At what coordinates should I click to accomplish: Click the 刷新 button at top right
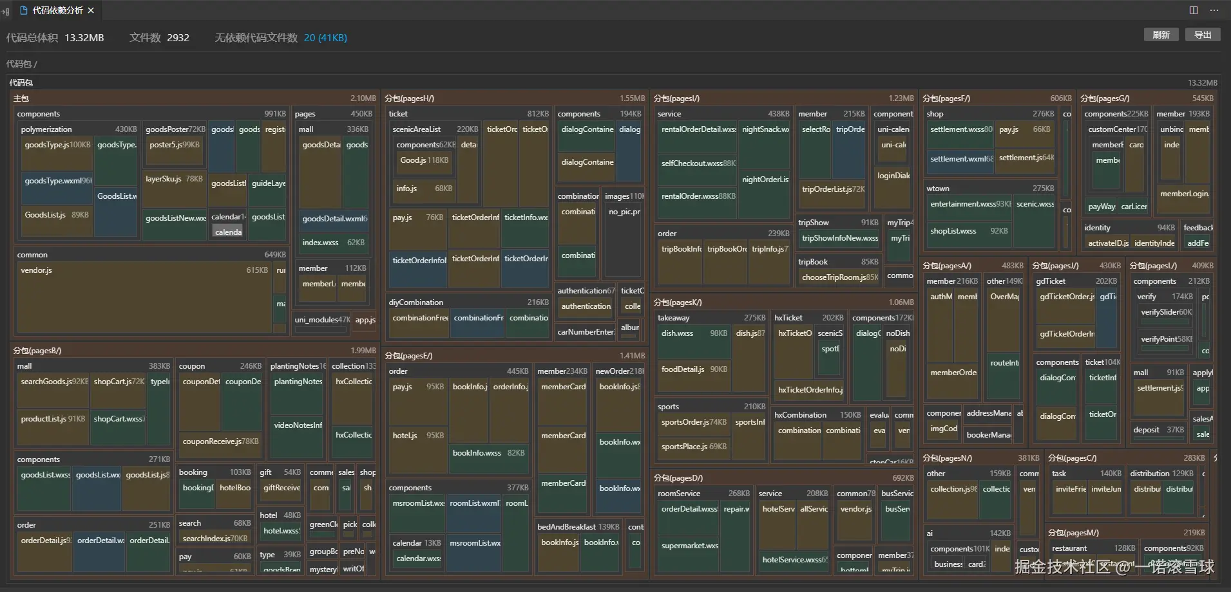click(x=1161, y=35)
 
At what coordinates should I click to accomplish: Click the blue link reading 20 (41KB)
click(x=325, y=38)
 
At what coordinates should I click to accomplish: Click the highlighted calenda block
click(x=229, y=232)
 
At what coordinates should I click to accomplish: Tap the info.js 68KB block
click(x=425, y=189)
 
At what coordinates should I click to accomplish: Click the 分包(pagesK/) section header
click(x=678, y=302)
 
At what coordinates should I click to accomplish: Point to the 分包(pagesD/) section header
click(x=678, y=477)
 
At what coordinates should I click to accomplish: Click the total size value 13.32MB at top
click(x=84, y=38)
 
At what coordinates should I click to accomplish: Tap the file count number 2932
click(x=178, y=38)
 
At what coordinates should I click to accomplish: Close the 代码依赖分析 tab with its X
click(x=91, y=10)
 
